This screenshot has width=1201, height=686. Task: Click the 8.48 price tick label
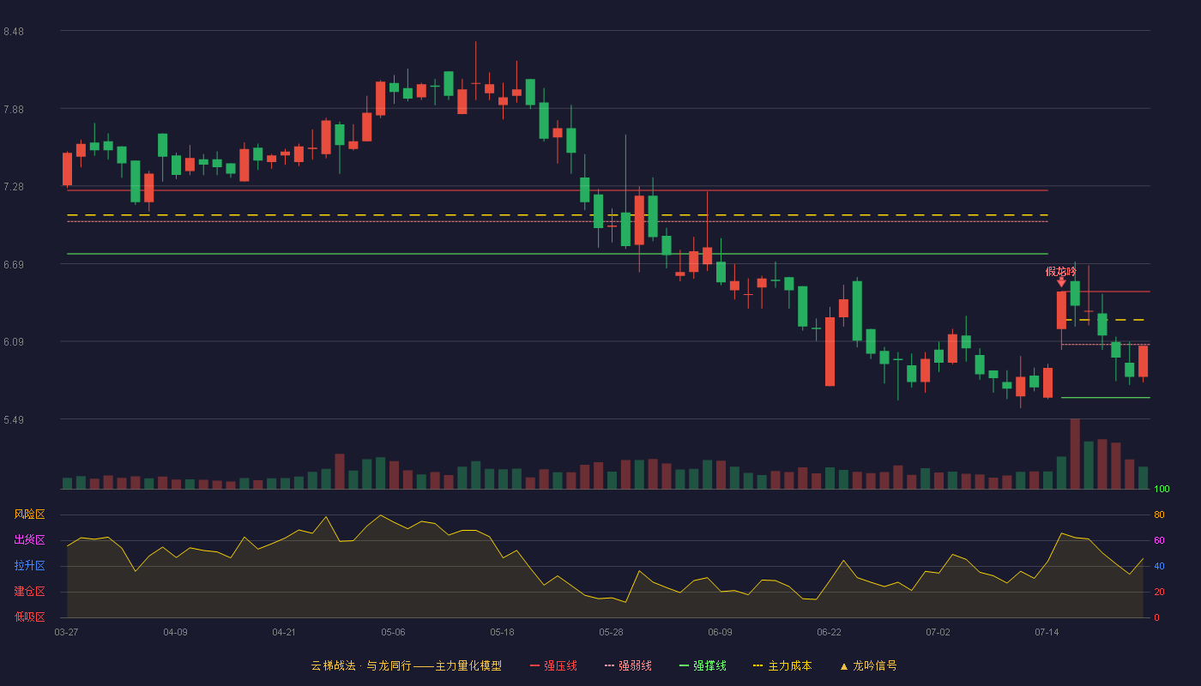point(14,32)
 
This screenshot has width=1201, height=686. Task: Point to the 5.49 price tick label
point(14,419)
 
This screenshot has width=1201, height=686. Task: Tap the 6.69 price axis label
point(14,265)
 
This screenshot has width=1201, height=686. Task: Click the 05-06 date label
point(393,633)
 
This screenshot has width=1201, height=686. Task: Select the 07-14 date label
point(1047,633)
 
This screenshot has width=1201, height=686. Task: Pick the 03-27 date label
point(67,633)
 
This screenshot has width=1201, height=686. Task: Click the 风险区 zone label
point(29,514)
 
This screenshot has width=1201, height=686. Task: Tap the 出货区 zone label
point(29,539)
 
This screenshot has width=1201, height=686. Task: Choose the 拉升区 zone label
point(29,565)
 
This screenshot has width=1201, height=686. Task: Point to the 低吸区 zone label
point(29,617)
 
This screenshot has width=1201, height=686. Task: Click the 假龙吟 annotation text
point(1060,272)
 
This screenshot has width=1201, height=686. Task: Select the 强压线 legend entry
point(553,665)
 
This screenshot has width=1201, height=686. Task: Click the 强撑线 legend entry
point(703,665)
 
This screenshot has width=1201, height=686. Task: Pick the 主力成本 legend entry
point(782,665)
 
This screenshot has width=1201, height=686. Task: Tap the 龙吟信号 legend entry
point(868,665)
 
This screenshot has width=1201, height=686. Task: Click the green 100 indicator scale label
point(1162,489)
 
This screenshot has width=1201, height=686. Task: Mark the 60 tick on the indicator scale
point(1159,540)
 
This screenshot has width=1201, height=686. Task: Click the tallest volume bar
point(1075,454)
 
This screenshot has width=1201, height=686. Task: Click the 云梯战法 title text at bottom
point(333,665)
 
